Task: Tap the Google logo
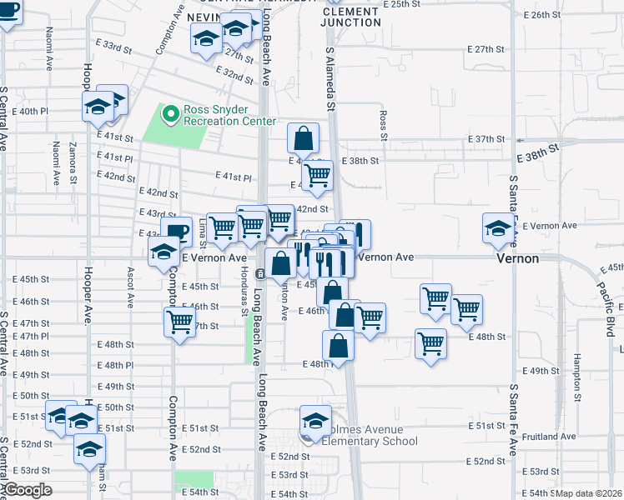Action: tap(28, 490)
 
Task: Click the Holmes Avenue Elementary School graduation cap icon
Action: tap(315, 422)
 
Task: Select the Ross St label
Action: tap(383, 125)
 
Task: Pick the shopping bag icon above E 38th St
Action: tap(304, 139)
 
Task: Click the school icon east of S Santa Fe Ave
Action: tap(498, 229)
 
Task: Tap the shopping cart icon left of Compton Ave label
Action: tap(180, 322)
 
